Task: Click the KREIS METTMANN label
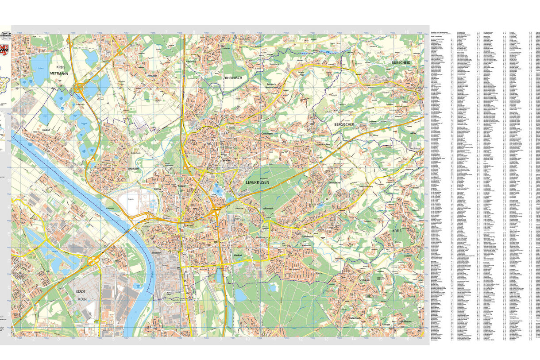59,70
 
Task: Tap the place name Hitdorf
45,131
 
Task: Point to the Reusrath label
153,76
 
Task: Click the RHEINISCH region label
233,77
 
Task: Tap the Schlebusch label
307,236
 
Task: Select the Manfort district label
239,255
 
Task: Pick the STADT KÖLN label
81,295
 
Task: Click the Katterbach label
355,318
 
